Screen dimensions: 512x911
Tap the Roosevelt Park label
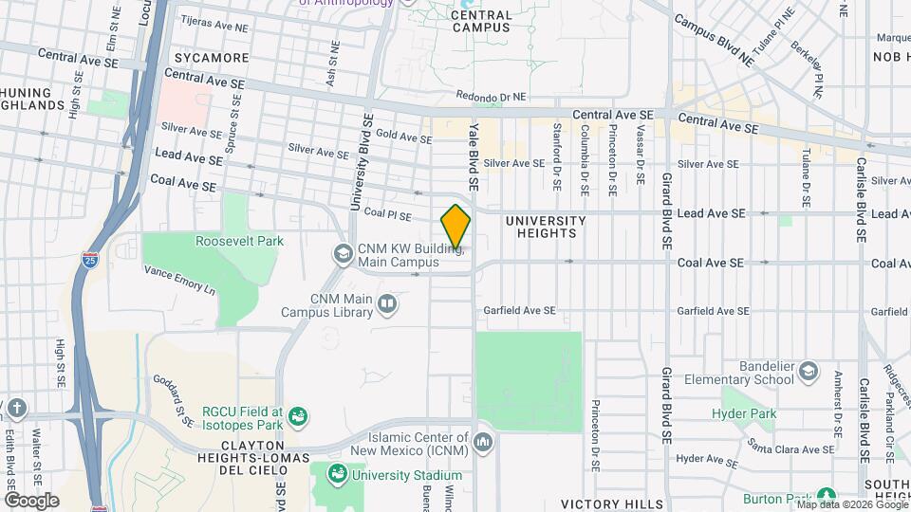[x=239, y=241]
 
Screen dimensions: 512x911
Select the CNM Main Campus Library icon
[x=386, y=303]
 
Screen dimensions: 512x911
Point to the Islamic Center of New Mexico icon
[x=483, y=442]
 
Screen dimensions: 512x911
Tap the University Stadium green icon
[x=336, y=473]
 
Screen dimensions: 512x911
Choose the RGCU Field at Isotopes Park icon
[x=298, y=414]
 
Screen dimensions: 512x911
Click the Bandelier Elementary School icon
[x=808, y=371]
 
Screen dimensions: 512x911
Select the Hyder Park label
[x=744, y=413]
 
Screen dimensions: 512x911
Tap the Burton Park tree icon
[x=827, y=496]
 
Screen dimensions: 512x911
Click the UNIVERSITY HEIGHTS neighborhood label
[x=541, y=227]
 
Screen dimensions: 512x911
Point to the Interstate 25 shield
[x=88, y=263]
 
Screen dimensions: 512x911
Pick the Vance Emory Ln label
[x=180, y=279]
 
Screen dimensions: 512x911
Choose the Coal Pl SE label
[x=387, y=215]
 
